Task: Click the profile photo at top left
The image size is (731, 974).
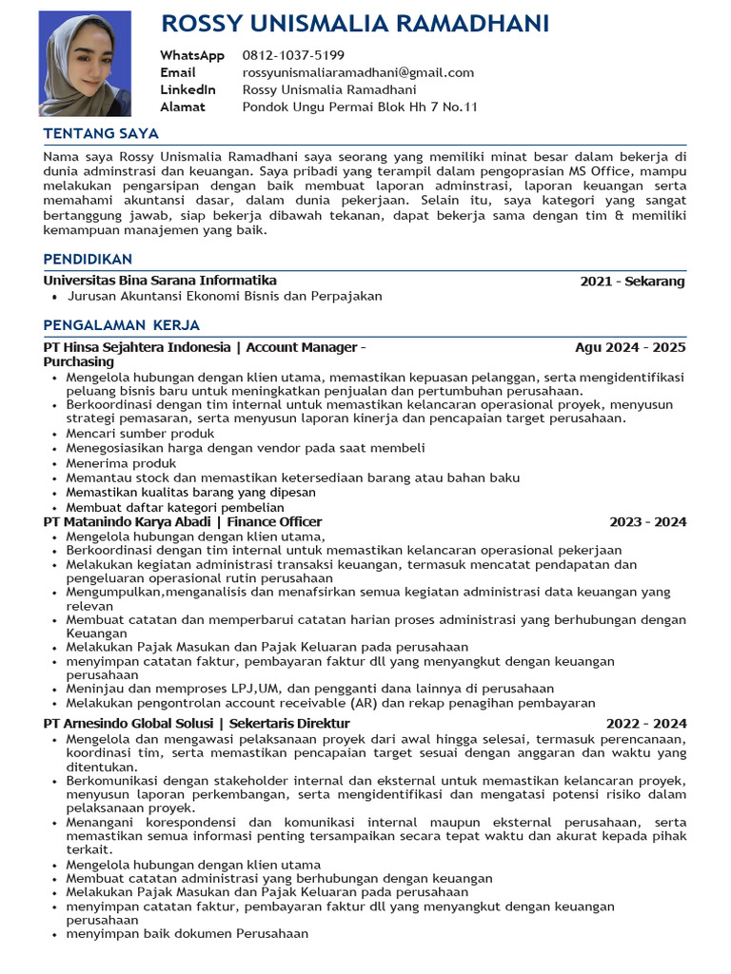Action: point(85,63)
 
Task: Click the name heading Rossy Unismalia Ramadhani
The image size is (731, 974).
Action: point(355,24)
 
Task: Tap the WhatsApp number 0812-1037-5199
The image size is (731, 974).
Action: point(293,55)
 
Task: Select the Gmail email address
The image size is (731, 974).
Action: point(358,72)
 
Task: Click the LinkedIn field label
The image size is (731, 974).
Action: point(188,89)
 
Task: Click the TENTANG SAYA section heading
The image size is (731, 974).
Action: point(101,133)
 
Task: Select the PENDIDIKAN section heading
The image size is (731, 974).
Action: point(88,259)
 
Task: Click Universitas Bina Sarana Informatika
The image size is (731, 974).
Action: point(160,281)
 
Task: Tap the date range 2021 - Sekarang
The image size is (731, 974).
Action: point(632,282)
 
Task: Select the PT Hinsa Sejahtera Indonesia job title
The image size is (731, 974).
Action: point(205,347)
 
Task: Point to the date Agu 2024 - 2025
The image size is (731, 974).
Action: point(630,347)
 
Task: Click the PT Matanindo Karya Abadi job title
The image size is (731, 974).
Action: point(183,521)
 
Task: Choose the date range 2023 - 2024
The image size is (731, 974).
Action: point(647,521)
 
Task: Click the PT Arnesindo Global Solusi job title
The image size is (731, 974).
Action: point(197,724)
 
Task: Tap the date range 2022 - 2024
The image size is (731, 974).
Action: point(645,724)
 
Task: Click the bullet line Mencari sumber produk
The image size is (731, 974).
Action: point(140,433)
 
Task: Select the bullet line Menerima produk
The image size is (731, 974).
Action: point(121,463)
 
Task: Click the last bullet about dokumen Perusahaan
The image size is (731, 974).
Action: point(187,933)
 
